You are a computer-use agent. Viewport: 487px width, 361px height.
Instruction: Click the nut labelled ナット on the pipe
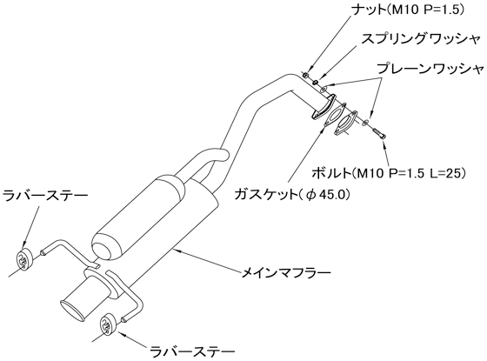[x=305, y=75]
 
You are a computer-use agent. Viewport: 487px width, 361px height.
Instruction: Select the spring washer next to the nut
[x=315, y=83]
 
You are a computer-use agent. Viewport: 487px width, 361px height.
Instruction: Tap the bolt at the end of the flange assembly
[x=379, y=133]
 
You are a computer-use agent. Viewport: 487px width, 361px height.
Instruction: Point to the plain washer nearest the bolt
[x=367, y=122]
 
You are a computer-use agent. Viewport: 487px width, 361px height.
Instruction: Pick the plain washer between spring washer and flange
[x=324, y=89]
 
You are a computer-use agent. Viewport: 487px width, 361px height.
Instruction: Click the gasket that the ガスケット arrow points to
[x=335, y=114]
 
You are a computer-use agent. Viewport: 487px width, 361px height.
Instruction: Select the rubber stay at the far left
[x=24, y=259]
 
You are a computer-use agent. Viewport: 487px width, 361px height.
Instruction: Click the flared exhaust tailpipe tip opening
[x=73, y=310]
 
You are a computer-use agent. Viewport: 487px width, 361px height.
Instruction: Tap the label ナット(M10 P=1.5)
[x=408, y=10]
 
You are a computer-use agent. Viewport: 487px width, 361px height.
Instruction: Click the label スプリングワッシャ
[x=421, y=40]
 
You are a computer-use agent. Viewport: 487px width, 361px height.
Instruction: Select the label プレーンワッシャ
[x=430, y=69]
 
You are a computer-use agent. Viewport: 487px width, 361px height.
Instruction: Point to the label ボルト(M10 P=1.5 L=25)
[x=389, y=173]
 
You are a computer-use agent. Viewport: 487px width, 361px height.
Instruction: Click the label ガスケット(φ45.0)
[x=292, y=195]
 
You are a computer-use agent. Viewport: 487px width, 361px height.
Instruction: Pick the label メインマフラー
[x=286, y=273]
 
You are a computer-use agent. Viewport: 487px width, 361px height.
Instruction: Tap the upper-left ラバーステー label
[x=45, y=197]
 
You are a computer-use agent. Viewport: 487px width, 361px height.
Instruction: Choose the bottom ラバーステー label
[x=192, y=352]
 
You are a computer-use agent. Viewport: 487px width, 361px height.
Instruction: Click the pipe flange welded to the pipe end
[x=323, y=107]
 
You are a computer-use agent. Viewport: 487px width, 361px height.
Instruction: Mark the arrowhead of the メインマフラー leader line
[x=176, y=250]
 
